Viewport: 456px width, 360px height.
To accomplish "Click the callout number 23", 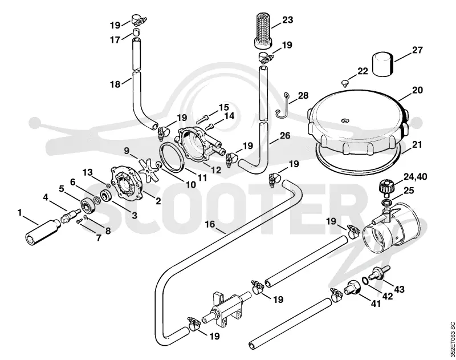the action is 287,20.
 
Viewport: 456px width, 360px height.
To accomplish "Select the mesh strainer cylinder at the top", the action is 263,31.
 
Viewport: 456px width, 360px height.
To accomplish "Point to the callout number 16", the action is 210,224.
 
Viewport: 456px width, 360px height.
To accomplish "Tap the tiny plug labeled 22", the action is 345,83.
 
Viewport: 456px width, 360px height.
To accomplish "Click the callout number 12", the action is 216,169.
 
